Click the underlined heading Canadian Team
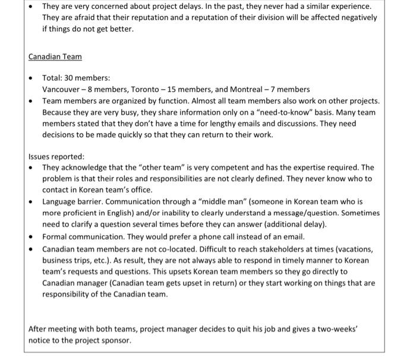click(x=55, y=57)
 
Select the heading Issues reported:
click(x=56, y=157)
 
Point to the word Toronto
click(x=146, y=89)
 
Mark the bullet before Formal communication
click(x=32, y=238)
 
